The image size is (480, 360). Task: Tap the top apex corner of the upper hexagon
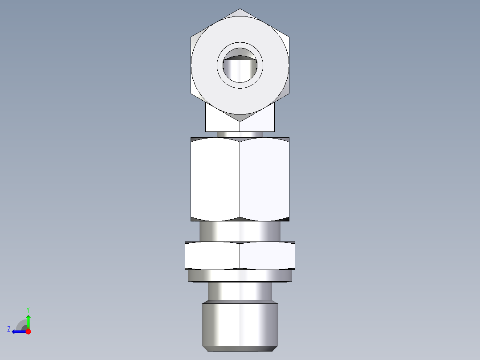click(240, 9)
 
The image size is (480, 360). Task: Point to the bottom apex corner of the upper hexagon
click(240, 121)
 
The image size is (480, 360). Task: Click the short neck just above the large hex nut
click(240, 134)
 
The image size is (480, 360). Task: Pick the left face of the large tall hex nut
click(216, 178)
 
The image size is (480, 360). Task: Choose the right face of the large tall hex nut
click(264, 178)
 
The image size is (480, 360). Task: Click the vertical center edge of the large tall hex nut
click(240, 178)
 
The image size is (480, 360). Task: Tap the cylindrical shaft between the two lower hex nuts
click(240, 231)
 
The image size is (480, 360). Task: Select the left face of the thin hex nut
click(213, 255)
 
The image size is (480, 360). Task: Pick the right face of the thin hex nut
click(267, 255)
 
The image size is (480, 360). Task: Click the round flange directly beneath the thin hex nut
click(240, 276)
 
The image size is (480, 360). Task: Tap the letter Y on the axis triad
click(28, 309)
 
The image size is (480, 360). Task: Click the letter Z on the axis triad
click(9, 329)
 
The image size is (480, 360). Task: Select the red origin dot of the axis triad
click(28, 331)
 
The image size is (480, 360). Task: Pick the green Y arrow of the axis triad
click(28, 321)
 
